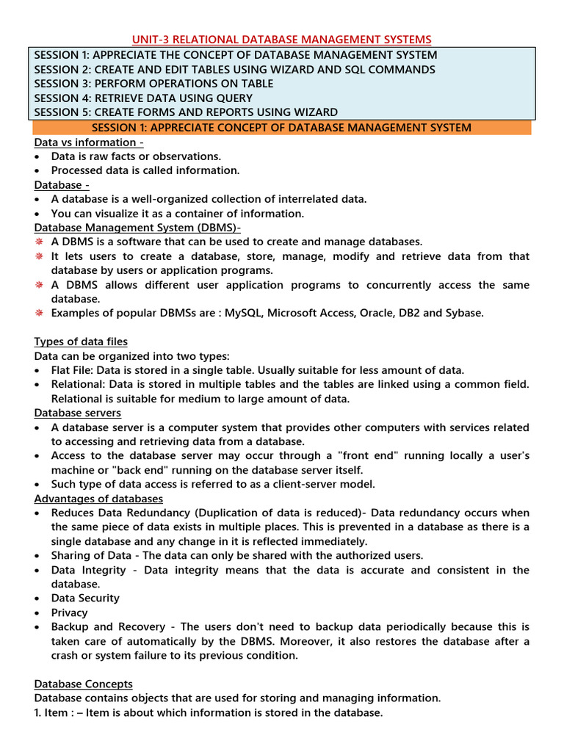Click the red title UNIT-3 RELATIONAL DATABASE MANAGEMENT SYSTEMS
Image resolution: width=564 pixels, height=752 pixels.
[x=281, y=39]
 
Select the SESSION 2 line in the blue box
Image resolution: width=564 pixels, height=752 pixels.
[x=234, y=69]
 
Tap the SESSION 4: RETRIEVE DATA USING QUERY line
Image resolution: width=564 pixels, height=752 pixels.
[x=143, y=98]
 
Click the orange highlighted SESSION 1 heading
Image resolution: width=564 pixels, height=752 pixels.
[x=281, y=128]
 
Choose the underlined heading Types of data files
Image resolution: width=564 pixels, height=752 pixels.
[x=81, y=341]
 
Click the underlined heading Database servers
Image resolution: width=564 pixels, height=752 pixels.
[x=78, y=413]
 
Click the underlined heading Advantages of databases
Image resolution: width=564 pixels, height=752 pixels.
[x=98, y=499]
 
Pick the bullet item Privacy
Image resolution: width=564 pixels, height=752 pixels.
[x=69, y=612]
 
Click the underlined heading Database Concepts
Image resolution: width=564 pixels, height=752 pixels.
[x=84, y=684]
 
